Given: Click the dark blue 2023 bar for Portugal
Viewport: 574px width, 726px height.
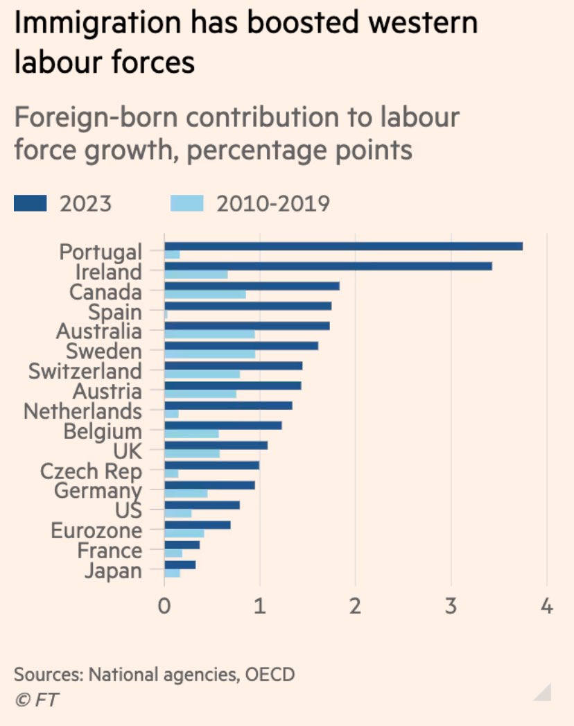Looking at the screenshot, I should point(343,246).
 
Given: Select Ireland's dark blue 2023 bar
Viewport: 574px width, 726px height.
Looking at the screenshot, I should point(328,266).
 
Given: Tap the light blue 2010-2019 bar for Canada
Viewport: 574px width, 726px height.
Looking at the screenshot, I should point(205,294).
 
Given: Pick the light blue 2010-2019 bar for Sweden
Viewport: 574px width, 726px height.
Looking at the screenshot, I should point(209,354).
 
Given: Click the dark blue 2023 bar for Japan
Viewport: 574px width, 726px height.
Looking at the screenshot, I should point(180,565).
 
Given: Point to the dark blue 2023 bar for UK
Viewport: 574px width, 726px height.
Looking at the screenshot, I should point(216,445).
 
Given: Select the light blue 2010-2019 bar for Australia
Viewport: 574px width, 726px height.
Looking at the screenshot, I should point(209,334).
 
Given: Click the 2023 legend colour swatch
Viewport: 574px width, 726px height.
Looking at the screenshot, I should point(30,203).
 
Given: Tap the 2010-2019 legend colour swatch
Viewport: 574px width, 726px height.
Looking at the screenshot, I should point(186,203).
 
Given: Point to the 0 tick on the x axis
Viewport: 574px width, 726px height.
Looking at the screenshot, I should point(164,607).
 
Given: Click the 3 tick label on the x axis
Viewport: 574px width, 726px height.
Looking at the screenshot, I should point(451,607).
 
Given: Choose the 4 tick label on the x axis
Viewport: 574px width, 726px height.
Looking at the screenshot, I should point(547,607).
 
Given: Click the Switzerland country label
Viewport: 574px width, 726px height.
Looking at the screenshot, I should point(85,371).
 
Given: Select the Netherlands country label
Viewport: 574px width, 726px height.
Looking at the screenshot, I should point(82,411).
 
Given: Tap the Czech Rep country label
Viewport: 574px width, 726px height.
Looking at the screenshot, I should point(91,472).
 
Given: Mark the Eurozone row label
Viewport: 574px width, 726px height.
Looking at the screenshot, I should point(96,531).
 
